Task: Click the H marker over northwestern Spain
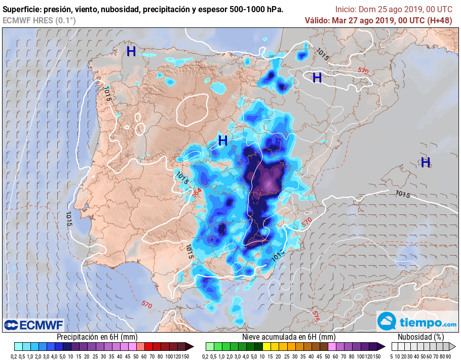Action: click(x=131, y=51)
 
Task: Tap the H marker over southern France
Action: click(x=317, y=78)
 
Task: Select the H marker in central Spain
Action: click(x=222, y=140)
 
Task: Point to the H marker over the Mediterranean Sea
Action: click(x=426, y=162)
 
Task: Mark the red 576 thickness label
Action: click(x=316, y=316)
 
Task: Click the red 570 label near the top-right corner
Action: click(x=363, y=70)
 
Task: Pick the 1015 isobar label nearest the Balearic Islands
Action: click(x=403, y=194)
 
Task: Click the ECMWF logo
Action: click(x=34, y=325)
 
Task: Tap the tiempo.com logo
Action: click(x=417, y=322)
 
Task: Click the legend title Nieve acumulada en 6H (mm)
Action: click(x=288, y=337)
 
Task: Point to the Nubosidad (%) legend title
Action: click(x=420, y=337)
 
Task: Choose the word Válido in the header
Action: click(x=317, y=20)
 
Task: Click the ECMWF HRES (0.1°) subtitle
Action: click(x=40, y=20)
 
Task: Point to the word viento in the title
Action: click(x=87, y=10)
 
